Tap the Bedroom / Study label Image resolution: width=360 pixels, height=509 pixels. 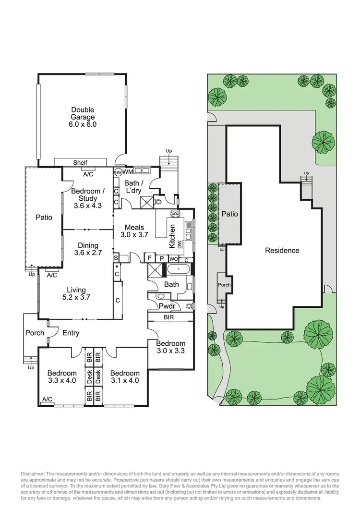pyautogui.click(x=87, y=198)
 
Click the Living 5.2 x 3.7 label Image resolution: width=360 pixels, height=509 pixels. pyautogui.click(x=76, y=293)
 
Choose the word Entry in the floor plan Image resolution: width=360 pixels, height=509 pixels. pyautogui.click(x=71, y=333)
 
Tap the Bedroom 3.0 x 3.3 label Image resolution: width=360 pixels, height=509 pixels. pyautogui.click(x=170, y=347)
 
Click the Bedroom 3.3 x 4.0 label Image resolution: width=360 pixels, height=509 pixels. pyautogui.click(x=62, y=377)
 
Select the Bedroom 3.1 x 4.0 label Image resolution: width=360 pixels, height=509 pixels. pyautogui.click(x=124, y=377)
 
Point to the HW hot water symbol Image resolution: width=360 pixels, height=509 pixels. pyautogui.click(x=118, y=171)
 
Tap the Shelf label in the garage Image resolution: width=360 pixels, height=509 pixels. pyautogui.click(x=80, y=163)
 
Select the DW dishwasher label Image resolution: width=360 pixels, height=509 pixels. pyautogui.click(x=180, y=244)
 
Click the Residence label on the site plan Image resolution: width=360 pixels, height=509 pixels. pyautogui.click(x=282, y=250)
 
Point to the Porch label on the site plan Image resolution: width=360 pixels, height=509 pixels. pyautogui.click(x=224, y=285)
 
